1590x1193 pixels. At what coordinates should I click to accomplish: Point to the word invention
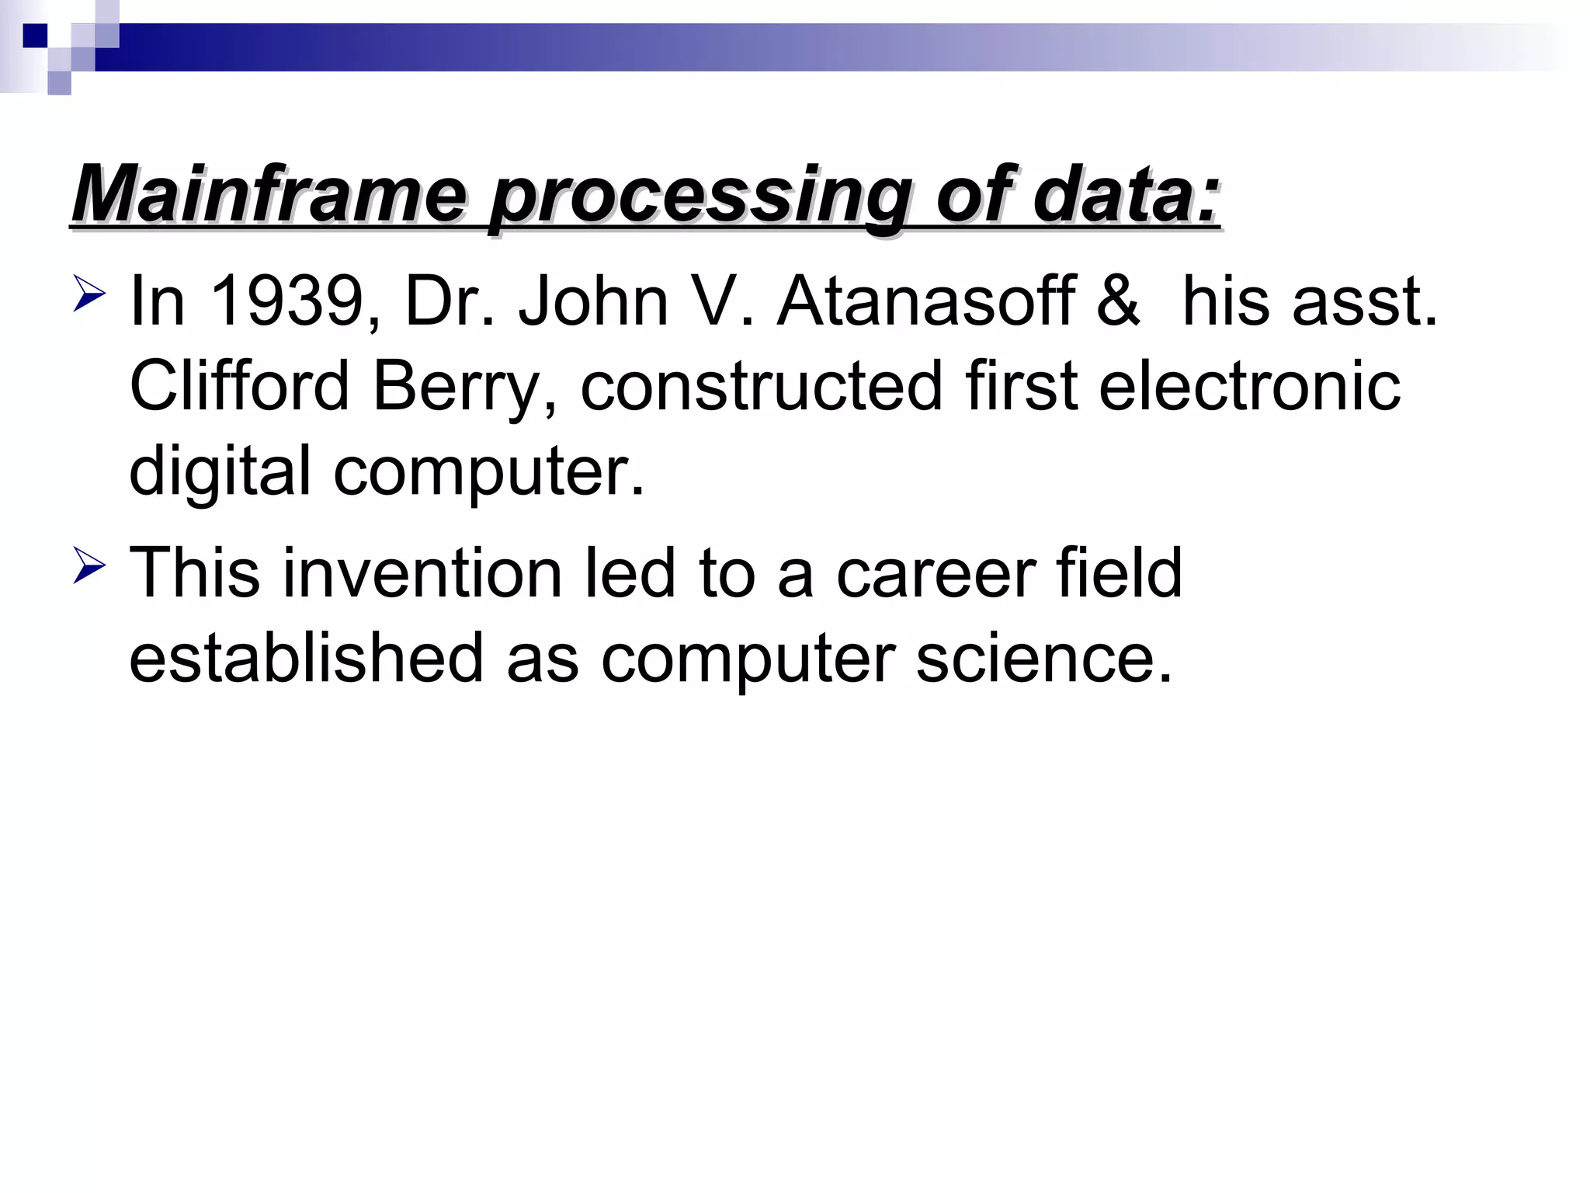(x=422, y=573)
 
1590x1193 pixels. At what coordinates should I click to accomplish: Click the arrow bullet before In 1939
(x=89, y=297)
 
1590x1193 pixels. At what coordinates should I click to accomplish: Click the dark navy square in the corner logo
(x=35, y=36)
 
